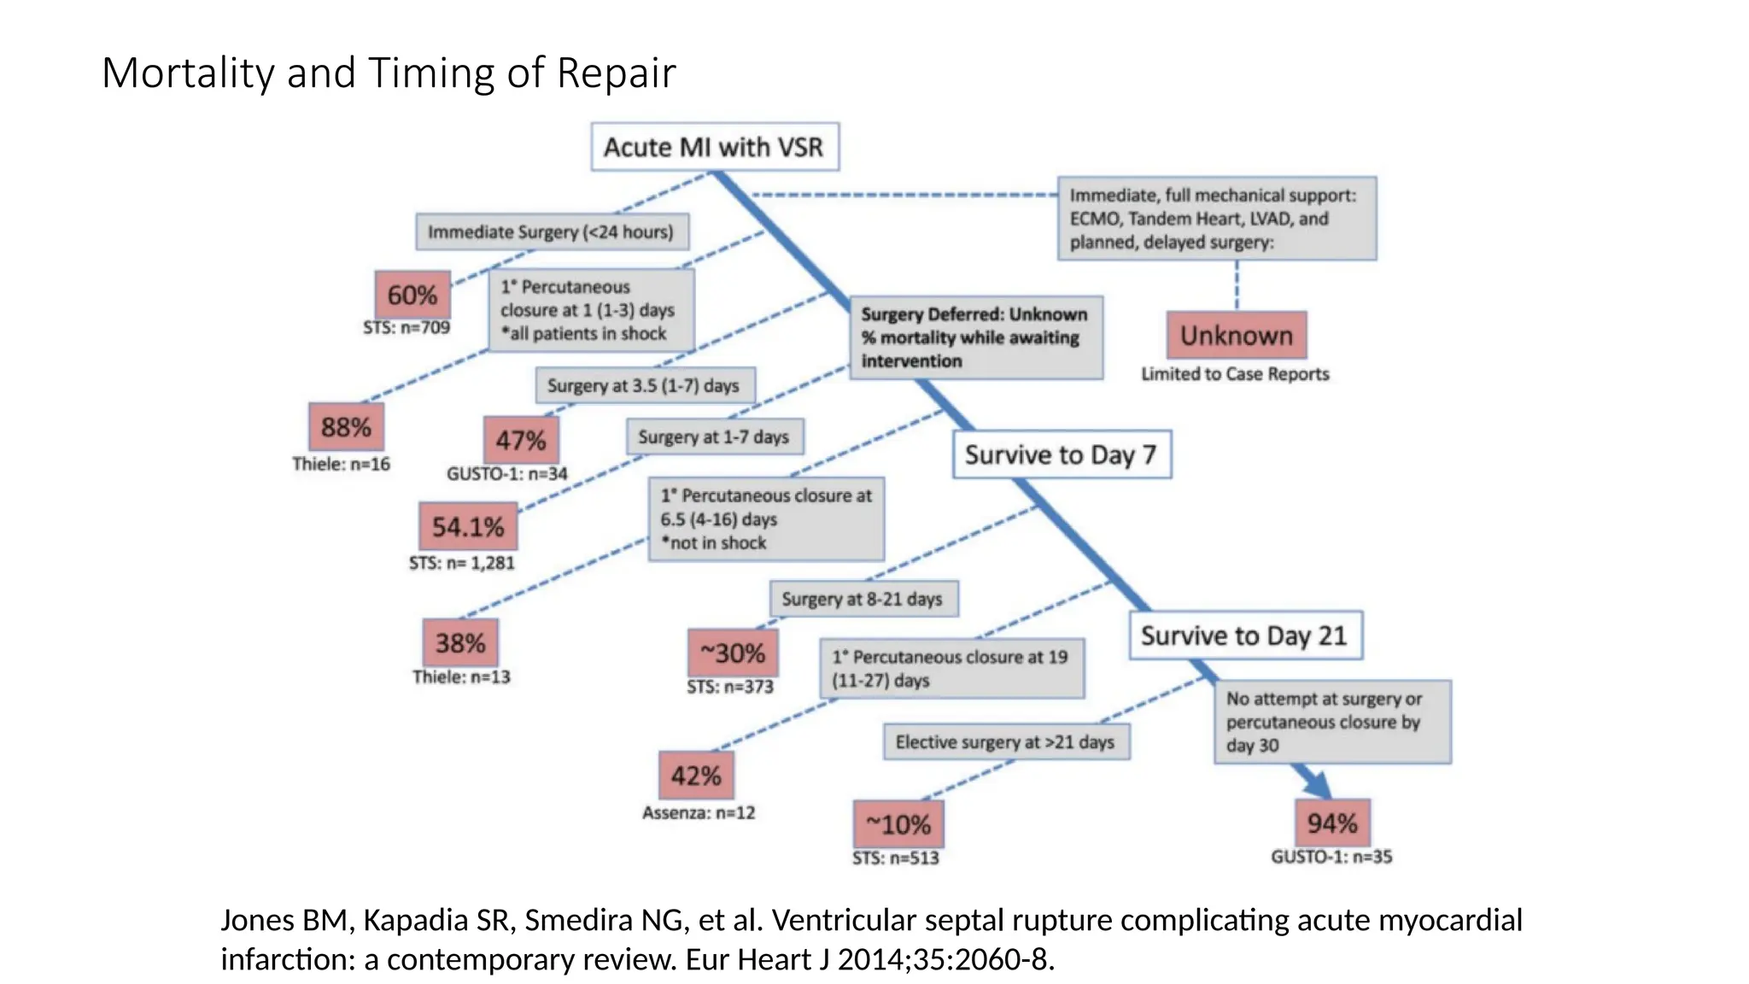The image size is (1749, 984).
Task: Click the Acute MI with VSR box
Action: pyautogui.click(x=714, y=147)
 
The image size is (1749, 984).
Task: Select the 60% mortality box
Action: pyautogui.click(x=412, y=295)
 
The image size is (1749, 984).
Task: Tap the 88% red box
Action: pyautogui.click(x=346, y=426)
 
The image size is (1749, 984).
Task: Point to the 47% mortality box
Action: pyautogui.click(x=521, y=440)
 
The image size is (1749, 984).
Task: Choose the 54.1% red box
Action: pyautogui.click(x=468, y=526)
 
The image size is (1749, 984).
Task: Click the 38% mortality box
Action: pyautogui.click(x=460, y=642)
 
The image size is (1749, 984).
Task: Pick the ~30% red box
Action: pyautogui.click(x=733, y=653)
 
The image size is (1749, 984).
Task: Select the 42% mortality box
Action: pyautogui.click(x=696, y=776)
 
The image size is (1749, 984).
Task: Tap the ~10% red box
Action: pyautogui.click(x=898, y=824)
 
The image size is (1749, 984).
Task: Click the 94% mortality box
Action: pyautogui.click(x=1332, y=823)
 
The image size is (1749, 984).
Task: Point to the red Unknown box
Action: pyautogui.click(x=1237, y=335)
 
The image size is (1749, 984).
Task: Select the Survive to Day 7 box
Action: pyautogui.click(x=1061, y=454)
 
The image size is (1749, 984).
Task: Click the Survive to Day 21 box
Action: pyautogui.click(x=1244, y=635)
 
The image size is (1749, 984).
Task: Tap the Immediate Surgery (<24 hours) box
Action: pyautogui.click(x=551, y=231)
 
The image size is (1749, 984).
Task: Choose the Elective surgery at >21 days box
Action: pyautogui.click(x=1005, y=742)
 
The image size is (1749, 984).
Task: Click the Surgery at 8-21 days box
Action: pyautogui.click(x=863, y=599)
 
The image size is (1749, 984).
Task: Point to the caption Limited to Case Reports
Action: pyautogui.click(x=1235, y=374)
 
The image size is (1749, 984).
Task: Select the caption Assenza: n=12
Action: pyautogui.click(x=699, y=813)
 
